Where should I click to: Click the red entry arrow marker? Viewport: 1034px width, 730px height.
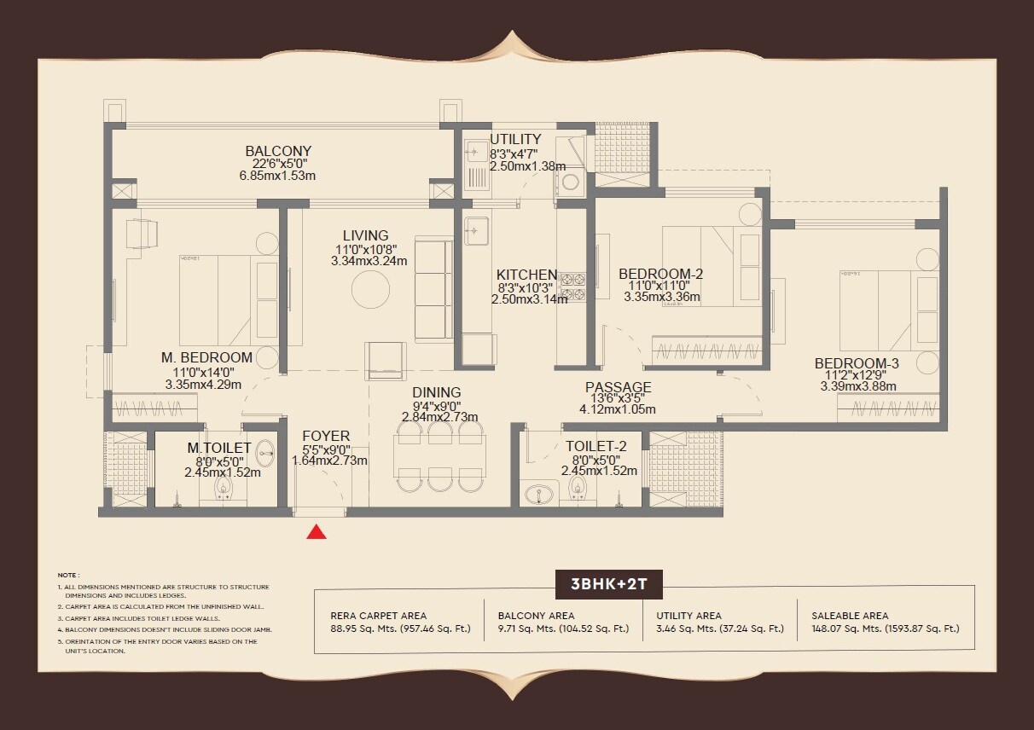[317, 532]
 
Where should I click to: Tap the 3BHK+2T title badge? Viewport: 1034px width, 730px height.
[608, 586]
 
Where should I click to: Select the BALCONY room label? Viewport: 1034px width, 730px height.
[278, 151]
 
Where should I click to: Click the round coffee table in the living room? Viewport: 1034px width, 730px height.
[373, 290]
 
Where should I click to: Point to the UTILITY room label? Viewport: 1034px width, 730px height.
[515, 139]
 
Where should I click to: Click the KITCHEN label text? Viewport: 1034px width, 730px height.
[527, 275]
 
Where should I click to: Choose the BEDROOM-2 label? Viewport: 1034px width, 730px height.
[661, 274]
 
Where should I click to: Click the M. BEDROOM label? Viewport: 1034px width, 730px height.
[207, 357]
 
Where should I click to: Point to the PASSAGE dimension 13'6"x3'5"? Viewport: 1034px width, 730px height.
[618, 398]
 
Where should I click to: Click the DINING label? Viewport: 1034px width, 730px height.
[437, 392]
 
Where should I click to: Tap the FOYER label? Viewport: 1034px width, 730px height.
[326, 437]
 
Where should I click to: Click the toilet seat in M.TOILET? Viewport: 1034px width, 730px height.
[224, 486]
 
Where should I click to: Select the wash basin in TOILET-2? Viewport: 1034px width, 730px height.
[538, 494]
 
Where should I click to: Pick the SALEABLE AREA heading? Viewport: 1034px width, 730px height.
[850, 615]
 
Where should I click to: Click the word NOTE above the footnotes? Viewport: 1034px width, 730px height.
[68, 576]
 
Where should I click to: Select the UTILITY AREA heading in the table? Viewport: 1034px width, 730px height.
[688, 615]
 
